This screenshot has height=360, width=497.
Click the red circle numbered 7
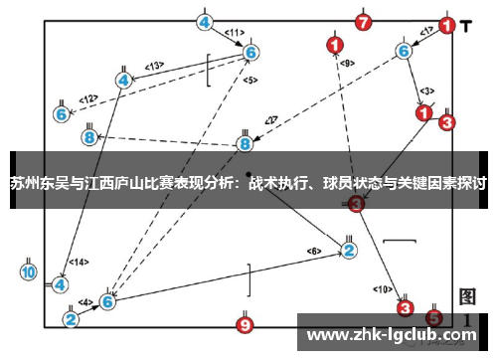pos(363,21)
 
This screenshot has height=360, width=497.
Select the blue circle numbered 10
pos(28,270)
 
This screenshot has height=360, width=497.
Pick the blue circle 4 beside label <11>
pos(205,21)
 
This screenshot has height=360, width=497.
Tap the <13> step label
pos(154,66)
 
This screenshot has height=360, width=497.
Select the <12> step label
pos(88,98)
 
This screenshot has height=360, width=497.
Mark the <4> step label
pos(85,301)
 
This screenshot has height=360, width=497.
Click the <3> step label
pos(427,90)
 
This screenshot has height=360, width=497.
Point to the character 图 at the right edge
pos(468,295)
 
